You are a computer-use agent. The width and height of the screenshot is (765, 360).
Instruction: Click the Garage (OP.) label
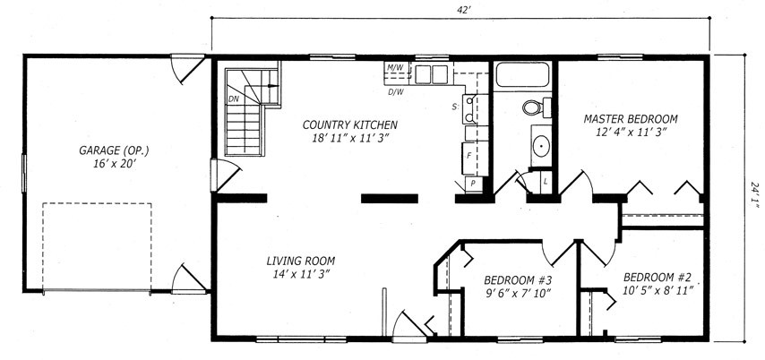(114, 150)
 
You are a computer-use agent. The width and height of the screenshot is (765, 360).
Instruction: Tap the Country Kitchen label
(350, 124)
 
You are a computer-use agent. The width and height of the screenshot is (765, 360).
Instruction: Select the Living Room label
(301, 261)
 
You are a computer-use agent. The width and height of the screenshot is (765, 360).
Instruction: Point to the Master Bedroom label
(631, 119)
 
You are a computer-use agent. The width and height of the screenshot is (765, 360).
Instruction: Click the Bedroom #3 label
(518, 280)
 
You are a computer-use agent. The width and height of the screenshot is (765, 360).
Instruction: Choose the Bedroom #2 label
(658, 278)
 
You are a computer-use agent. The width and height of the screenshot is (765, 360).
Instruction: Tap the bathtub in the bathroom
(522, 74)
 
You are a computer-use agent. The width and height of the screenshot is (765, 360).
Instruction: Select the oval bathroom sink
(540, 145)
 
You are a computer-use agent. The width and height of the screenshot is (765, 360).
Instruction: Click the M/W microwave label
(395, 68)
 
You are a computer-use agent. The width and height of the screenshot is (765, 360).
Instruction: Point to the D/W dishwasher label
(395, 91)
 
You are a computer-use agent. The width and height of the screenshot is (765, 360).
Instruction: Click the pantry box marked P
(473, 184)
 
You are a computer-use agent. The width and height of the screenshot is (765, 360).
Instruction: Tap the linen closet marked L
(546, 182)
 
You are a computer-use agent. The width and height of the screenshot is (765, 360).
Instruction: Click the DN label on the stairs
(233, 99)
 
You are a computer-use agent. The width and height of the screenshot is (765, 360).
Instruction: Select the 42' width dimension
(460, 9)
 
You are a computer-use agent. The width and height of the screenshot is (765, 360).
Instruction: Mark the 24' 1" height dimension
(755, 195)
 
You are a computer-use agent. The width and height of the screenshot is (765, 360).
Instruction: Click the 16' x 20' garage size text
(114, 165)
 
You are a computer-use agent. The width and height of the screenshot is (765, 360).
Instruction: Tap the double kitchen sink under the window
(432, 74)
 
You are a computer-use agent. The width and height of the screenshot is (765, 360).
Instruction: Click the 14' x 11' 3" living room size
(301, 275)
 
